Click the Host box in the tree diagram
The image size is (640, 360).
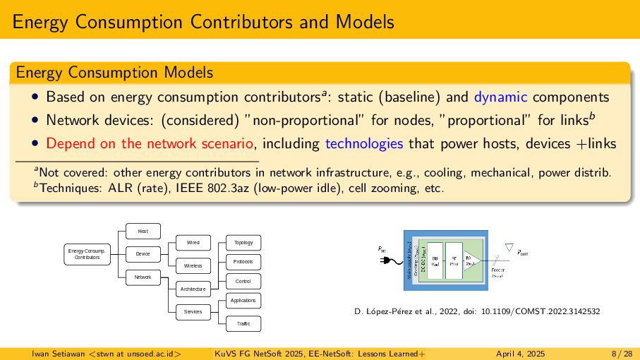point(143,231)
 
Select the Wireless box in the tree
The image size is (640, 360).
point(193,266)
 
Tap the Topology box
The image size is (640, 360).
point(243,243)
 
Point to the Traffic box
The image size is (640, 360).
point(243,324)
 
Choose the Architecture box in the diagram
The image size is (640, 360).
point(193,289)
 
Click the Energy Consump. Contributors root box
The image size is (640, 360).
point(86,253)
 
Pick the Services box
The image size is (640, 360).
point(193,311)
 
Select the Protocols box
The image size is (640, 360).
point(243,262)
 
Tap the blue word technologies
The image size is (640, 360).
point(364,143)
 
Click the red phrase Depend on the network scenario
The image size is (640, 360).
point(149,143)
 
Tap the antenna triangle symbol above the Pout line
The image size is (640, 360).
point(508,247)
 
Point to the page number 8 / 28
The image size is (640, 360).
point(622,353)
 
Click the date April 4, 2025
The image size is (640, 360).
point(520,353)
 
